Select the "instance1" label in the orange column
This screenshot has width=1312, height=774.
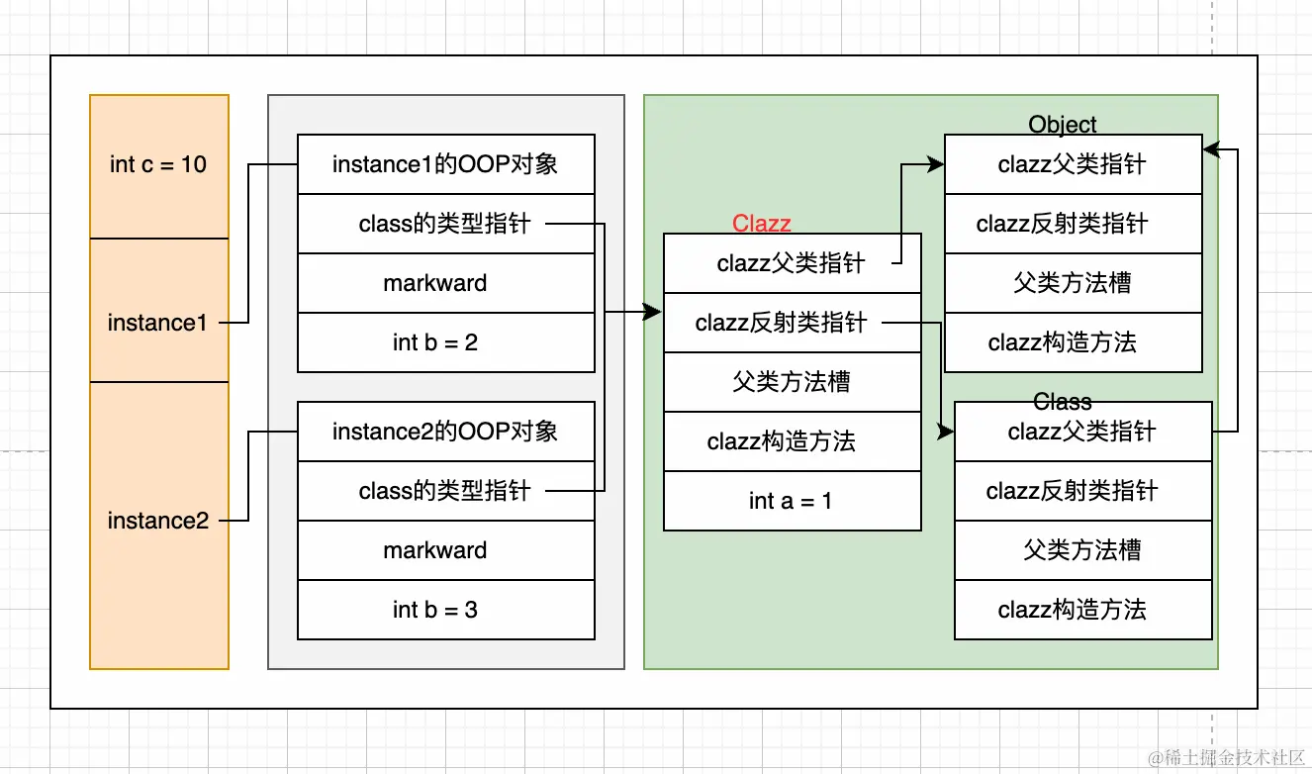click(x=157, y=323)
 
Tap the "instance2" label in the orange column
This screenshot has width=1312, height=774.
click(x=158, y=521)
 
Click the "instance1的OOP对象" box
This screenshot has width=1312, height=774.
click(x=445, y=164)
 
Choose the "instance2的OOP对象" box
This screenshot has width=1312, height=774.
click(x=445, y=432)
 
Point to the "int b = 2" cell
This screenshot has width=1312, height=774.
click(x=445, y=342)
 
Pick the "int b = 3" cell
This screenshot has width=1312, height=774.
click(x=445, y=610)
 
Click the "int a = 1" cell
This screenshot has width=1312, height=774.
click(x=792, y=501)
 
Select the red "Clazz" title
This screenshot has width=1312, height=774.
click(x=762, y=224)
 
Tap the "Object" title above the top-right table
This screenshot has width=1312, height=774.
click(x=1062, y=124)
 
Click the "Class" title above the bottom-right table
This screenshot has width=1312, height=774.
click(x=1062, y=402)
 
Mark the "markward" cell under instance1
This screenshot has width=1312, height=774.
click(x=445, y=283)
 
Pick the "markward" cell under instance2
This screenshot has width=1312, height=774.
click(x=445, y=550)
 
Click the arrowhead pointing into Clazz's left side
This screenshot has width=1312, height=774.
click(x=653, y=312)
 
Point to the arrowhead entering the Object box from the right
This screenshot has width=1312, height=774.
click(x=1212, y=149)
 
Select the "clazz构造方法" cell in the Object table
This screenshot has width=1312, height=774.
click(x=1073, y=342)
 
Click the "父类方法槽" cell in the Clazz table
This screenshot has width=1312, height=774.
click(x=792, y=382)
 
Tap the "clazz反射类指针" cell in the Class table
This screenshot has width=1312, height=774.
click(x=1083, y=491)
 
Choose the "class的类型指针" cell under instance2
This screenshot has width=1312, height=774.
click(x=445, y=491)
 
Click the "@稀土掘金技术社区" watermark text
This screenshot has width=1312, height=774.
click(x=1227, y=757)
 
